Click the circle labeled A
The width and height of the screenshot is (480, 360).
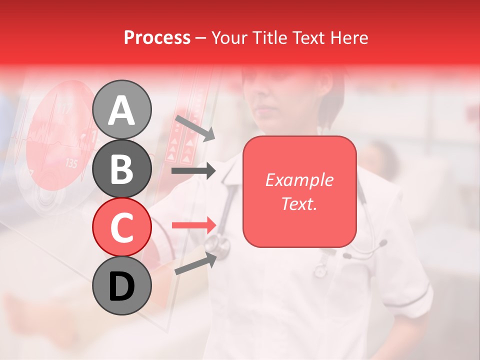[121, 109]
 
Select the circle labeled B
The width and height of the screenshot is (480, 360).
[121, 168]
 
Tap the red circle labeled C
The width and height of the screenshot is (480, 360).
[121, 227]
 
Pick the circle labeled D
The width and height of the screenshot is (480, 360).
[121, 285]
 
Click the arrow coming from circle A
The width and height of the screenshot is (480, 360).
[195, 128]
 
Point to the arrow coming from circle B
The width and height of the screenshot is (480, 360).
[193, 171]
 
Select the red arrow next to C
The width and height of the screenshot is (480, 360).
[193, 225]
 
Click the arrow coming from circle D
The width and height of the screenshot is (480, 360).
[195, 264]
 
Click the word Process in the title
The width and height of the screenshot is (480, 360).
[157, 38]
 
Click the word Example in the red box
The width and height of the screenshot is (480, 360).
[299, 180]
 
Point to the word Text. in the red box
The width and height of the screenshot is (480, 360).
[299, 203]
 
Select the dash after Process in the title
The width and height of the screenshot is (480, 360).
[200, 38]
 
